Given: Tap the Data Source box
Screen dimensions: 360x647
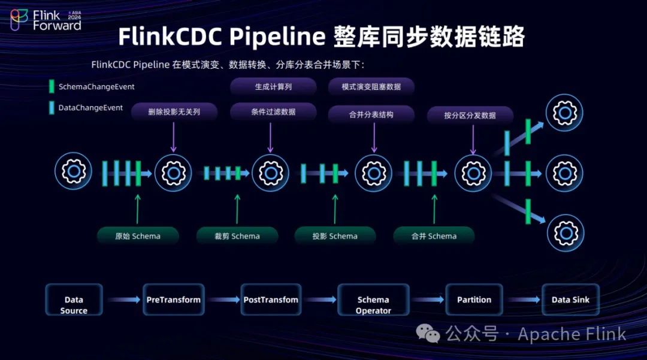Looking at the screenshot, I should pos(74,305).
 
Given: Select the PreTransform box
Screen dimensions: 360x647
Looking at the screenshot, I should pos(173,300).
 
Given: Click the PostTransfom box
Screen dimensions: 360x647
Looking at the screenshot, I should pos(271,300).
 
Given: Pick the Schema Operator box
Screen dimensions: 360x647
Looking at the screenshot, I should pos(373,305).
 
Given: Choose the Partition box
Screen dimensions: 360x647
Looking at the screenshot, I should pos(474,300).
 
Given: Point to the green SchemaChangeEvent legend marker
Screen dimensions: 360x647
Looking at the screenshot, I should pos(52,86).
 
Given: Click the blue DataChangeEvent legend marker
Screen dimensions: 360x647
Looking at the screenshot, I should pos(52,108).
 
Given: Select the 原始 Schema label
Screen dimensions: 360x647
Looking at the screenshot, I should pos(138,236).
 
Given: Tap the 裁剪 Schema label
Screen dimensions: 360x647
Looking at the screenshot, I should pos(237,236).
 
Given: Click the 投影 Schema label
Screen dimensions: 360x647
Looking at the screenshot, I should pos(335,236).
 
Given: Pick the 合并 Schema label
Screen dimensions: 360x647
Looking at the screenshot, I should pos(434,236).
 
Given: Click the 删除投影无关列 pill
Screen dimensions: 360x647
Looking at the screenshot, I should pos(174,111).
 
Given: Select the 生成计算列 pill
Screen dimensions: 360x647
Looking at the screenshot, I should pos(273,87).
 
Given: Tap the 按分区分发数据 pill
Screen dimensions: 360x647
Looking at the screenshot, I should pos(470,115).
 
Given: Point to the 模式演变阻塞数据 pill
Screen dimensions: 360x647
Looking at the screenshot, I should pos(371,87).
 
